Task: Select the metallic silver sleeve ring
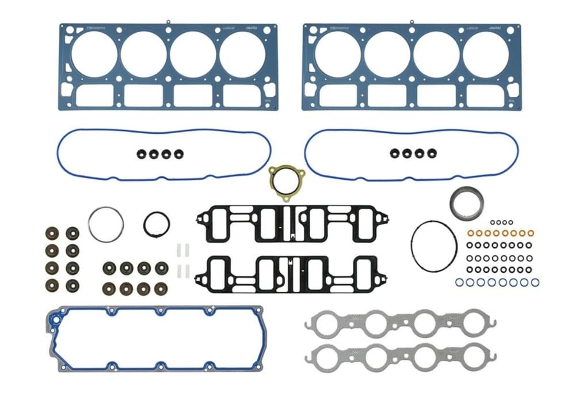466,203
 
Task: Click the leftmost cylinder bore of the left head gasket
94,54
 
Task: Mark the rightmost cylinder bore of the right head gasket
485,54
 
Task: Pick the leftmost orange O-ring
471,233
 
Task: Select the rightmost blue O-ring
535,282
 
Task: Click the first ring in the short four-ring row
493,222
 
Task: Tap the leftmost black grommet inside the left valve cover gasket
140,154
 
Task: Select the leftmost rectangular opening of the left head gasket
94,96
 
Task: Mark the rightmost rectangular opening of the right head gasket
485,96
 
